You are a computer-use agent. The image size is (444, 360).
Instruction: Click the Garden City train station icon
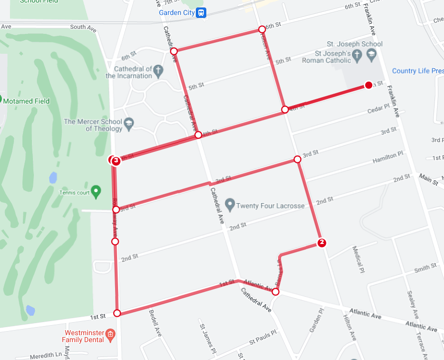[201, 13]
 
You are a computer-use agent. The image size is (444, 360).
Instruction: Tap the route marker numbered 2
[322, 242]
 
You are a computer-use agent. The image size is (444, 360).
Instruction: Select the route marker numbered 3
[116, 160]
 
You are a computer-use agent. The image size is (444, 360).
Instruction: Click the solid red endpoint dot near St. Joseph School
[369, 85]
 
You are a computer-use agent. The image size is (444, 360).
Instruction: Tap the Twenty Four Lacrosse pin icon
[230, 205]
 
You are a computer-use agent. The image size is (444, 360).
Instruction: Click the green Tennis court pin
[97, 191]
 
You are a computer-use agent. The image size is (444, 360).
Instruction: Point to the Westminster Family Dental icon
[111, 333]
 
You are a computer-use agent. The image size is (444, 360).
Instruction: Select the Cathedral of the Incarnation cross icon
[158, 70]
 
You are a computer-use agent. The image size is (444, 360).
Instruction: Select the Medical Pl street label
[359, 256]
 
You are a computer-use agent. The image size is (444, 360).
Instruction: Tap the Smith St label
[425, 268]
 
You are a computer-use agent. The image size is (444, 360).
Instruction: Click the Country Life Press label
[417, 71]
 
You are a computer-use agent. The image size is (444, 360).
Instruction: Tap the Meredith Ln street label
[45, 355]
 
